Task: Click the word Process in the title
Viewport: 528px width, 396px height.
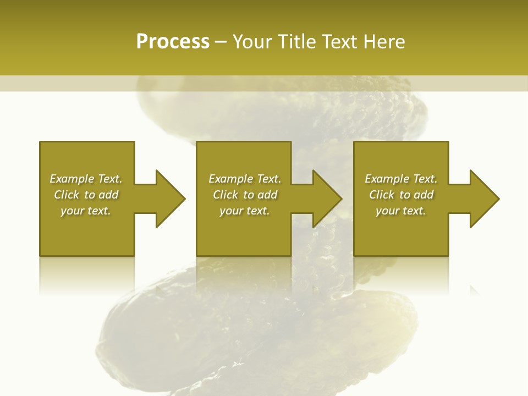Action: (x=173, y=42)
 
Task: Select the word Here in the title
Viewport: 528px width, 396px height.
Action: (x=383, y=42)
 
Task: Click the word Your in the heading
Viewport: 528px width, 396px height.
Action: (x=254, y=42)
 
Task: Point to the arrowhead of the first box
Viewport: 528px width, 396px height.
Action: (x=170, y=199)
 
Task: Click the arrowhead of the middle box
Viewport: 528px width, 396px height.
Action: (x=327, y=199)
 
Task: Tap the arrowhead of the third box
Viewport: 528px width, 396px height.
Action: (x=485, y=199)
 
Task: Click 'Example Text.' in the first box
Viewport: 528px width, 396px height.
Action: (x=86, y=179)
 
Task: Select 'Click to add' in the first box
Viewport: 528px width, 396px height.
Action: (x=86, y=195)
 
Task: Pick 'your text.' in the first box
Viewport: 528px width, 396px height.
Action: (x=86, y=211)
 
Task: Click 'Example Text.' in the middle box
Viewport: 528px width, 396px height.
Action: (x=245, y=179)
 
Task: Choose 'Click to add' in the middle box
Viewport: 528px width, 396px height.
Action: (x=245, y=195)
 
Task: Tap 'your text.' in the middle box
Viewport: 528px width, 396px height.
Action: (x=245, y=211)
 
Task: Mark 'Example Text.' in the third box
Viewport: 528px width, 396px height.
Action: (x=401, y=179)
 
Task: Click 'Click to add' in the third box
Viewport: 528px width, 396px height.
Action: (x=401, y=195)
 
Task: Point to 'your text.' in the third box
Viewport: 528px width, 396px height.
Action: (x=401, y=211)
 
